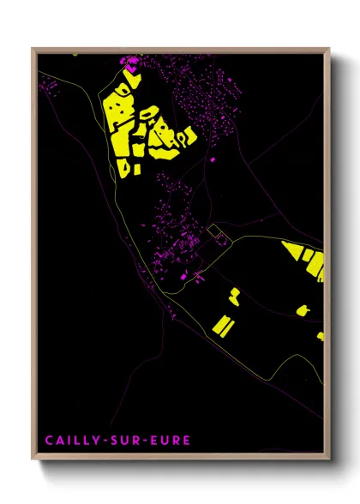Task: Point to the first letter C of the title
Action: (48, 441)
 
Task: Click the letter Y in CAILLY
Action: (94, 441)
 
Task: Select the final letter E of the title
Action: (187, 441)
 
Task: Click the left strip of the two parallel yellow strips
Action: (217, 326)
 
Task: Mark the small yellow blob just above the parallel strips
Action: (233, 297)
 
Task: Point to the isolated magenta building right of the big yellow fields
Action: (213, 159)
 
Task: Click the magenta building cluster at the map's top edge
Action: (131, 61)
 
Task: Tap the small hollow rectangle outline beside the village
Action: (218, 232)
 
